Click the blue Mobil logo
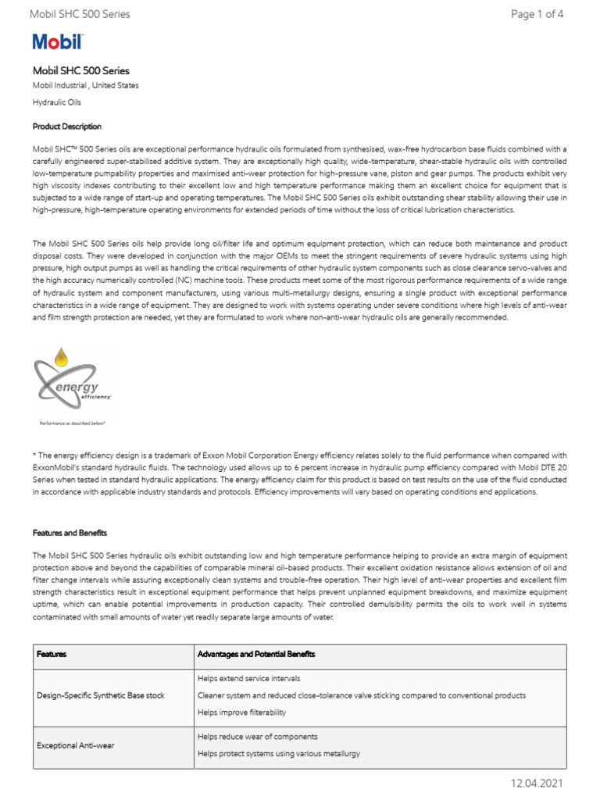point(57,42)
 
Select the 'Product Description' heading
point(66,127)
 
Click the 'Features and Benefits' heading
point(70,532)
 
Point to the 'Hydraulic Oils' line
point(56,102)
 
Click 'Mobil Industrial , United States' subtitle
point(85,85)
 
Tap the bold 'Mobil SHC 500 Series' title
point(80,70)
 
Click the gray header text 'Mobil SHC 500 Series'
point(80,14)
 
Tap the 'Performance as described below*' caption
point(72,423)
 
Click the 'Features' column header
point(52,653)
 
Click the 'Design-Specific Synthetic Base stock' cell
point(101,695)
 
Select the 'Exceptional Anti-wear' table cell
point(75,745)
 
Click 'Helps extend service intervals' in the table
point(248,678)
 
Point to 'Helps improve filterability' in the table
point(241,712)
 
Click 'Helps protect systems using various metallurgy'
point(279,754)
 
